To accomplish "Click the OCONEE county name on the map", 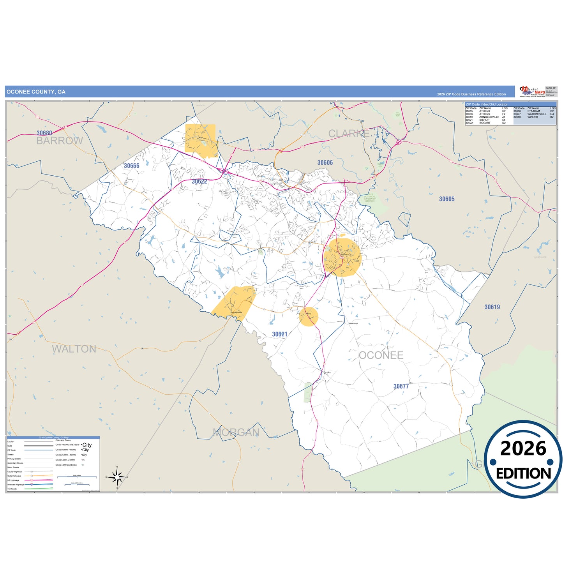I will pos(381,355).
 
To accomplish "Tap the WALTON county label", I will pos(74,349).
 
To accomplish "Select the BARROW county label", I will pos(60,141).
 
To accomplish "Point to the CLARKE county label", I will pos(349,134).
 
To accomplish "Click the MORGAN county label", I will pos(236,432).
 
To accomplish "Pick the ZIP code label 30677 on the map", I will pos(401,387).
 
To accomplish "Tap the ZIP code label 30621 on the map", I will pos(279,334).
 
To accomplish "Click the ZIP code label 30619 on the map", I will pos(492,307).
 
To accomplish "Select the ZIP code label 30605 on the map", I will pos(447,199).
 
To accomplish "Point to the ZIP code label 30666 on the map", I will pos(132,166).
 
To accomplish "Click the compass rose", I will pos(117,477).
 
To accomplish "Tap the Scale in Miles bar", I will pos(77,477).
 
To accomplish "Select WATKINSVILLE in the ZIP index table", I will pos(537,114).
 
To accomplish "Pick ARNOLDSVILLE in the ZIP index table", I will pos(489,117).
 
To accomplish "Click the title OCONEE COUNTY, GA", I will pos(36,92).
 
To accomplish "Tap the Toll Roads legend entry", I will pos(12,489).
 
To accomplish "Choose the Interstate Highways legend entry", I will pos(16,485).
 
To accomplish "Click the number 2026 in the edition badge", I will pos(523,449).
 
